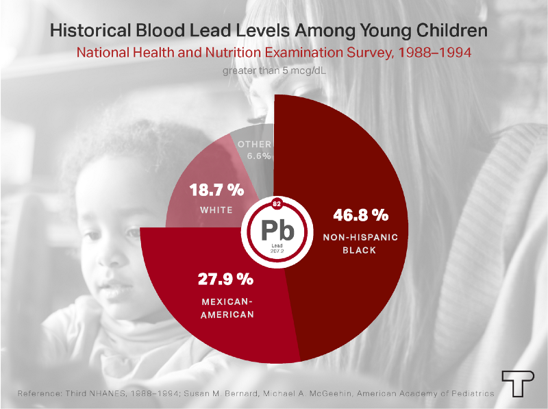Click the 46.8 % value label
click(x=360, y=215)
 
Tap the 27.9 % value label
click(x=226, y=280)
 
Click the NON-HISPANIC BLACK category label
click(x=360, y=243)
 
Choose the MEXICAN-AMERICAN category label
click(x=227, y=308)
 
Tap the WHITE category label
click(x=216, y=210)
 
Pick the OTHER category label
click(x=255, y=144)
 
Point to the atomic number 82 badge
click(x=277, y=204)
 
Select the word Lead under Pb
click(x=277, y=246)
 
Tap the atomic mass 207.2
click(x=277, y=252)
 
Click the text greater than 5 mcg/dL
click(x=273, y=70)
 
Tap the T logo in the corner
click(x=515, y=383)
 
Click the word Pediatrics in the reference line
click(x=470, y=394)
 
